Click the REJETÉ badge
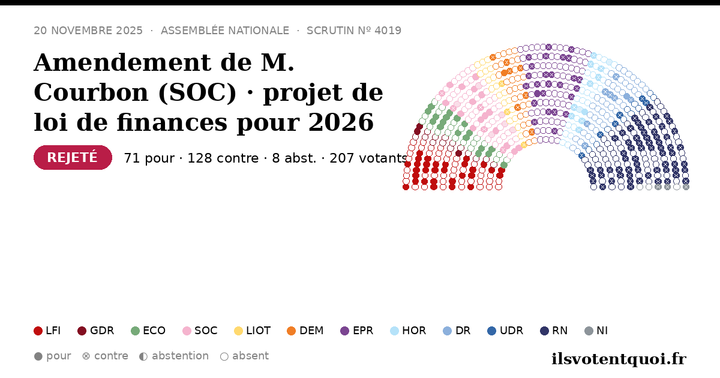tap(73, 157)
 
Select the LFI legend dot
tap(38, 331)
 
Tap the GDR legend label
tap(102, 331)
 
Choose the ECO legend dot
tap(136, 331)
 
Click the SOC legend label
tap(206, 331)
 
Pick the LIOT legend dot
tap(239, 331)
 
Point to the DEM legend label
tap(311, 331)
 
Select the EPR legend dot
tap(344, 331)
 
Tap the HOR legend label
tap(414, 331)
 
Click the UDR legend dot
tap(492, 331)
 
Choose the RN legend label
tap(560, 331)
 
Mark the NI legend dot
tap(589, 331)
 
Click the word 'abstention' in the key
tap(181, 356)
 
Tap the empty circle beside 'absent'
tap(224, 356)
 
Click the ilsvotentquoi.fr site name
tap(619, 359)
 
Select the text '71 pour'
tap(149, 158)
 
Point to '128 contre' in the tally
tap(223, 158)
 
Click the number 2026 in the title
tap(341, 122)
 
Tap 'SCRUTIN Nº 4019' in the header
tap(354, 31)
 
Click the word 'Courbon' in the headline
tap(91, 92)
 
